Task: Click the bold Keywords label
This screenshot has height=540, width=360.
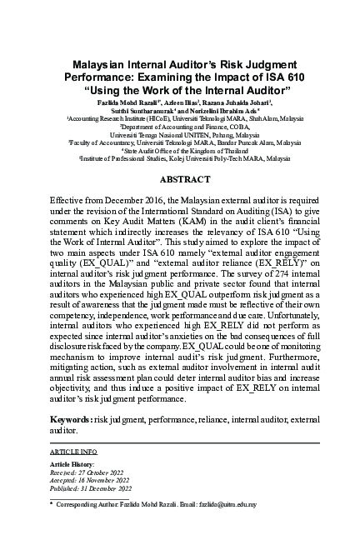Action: tap(71, 419)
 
